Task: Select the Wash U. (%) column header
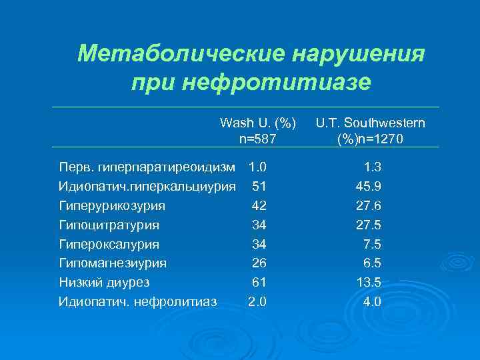pos(258,123)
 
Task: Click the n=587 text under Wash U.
pos(258,139)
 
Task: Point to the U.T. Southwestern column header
pos(371,123)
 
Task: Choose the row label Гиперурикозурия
pos(112,205)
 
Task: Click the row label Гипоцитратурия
pos(109,225)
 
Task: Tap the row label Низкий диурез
pos(103,282)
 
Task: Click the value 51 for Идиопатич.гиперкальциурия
pos(259,185)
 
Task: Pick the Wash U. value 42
pos(259,205)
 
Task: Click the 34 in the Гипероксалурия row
pos(259,243)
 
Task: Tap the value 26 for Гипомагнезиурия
pos(259,263)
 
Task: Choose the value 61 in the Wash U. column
pos(259,282)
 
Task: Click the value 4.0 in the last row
pos(371,301)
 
